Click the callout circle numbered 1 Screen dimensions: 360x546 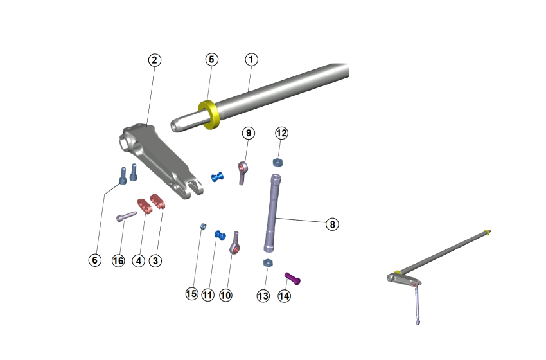[251, 59]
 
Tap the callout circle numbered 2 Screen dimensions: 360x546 [154, 60]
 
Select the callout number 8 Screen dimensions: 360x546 [331, 224]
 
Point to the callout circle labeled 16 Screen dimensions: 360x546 [118, 260]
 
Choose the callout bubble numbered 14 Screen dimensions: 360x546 [285, 296]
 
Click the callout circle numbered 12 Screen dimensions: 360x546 [281, 133]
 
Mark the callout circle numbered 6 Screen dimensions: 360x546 [94, 260]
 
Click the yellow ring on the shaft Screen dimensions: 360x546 [209, 114]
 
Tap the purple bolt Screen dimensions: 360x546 [294, 278]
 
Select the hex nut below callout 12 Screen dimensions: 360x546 [279, 161]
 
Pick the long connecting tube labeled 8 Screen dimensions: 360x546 [272, 213]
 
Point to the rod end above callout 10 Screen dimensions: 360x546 [235, 245]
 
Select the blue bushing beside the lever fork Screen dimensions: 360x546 [218, 176]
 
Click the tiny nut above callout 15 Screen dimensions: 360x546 [202, 226]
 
